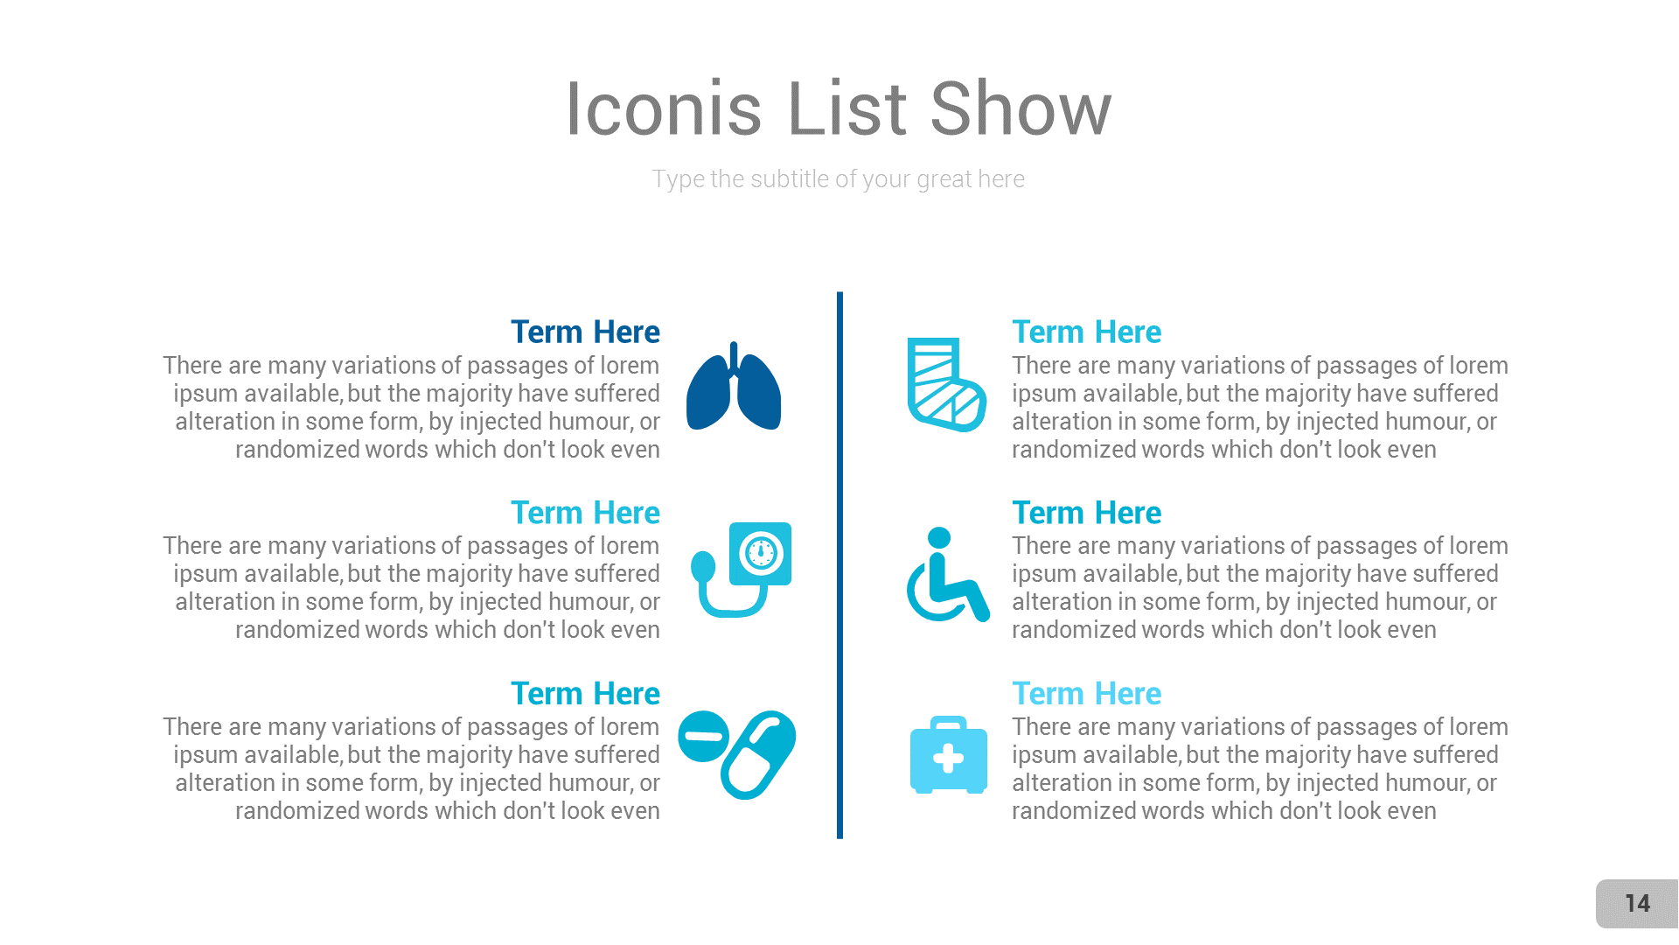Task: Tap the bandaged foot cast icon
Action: (944, 385)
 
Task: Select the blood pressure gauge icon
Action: (742, 569)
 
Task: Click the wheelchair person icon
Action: (946, 576)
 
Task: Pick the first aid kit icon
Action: (948, 756)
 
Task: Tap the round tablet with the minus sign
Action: (703, 736)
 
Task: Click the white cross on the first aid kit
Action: (948, 759)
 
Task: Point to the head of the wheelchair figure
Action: (939, 537)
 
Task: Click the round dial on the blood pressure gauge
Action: (761, 553)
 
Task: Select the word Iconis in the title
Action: (664, 109)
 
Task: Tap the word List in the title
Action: (846, 109)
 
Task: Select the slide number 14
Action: (1637, 904)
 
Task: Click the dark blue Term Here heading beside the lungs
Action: (585, 332)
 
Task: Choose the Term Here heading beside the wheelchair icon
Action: (1086, 513)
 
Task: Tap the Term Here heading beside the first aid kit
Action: (1086, 694)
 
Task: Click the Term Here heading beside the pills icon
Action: (585, 694)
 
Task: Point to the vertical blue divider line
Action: (839, 564)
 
